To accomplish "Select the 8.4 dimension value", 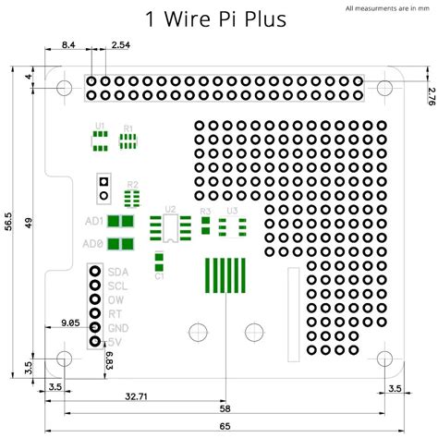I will coord(68,45).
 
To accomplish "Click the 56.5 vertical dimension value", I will coord(9,222).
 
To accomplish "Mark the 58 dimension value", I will coord(225,409).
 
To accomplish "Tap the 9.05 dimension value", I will coord(70,323).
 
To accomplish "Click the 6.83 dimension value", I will coord(108,361).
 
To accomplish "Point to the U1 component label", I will coord(100,125).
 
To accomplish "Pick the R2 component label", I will coord(133,184).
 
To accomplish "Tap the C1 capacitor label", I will coord(159,275).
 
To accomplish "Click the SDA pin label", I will coord(117,272).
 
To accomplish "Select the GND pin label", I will coord(118,328).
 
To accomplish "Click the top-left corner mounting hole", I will coord(64,89).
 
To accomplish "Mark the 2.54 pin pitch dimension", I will coord(120,45).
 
